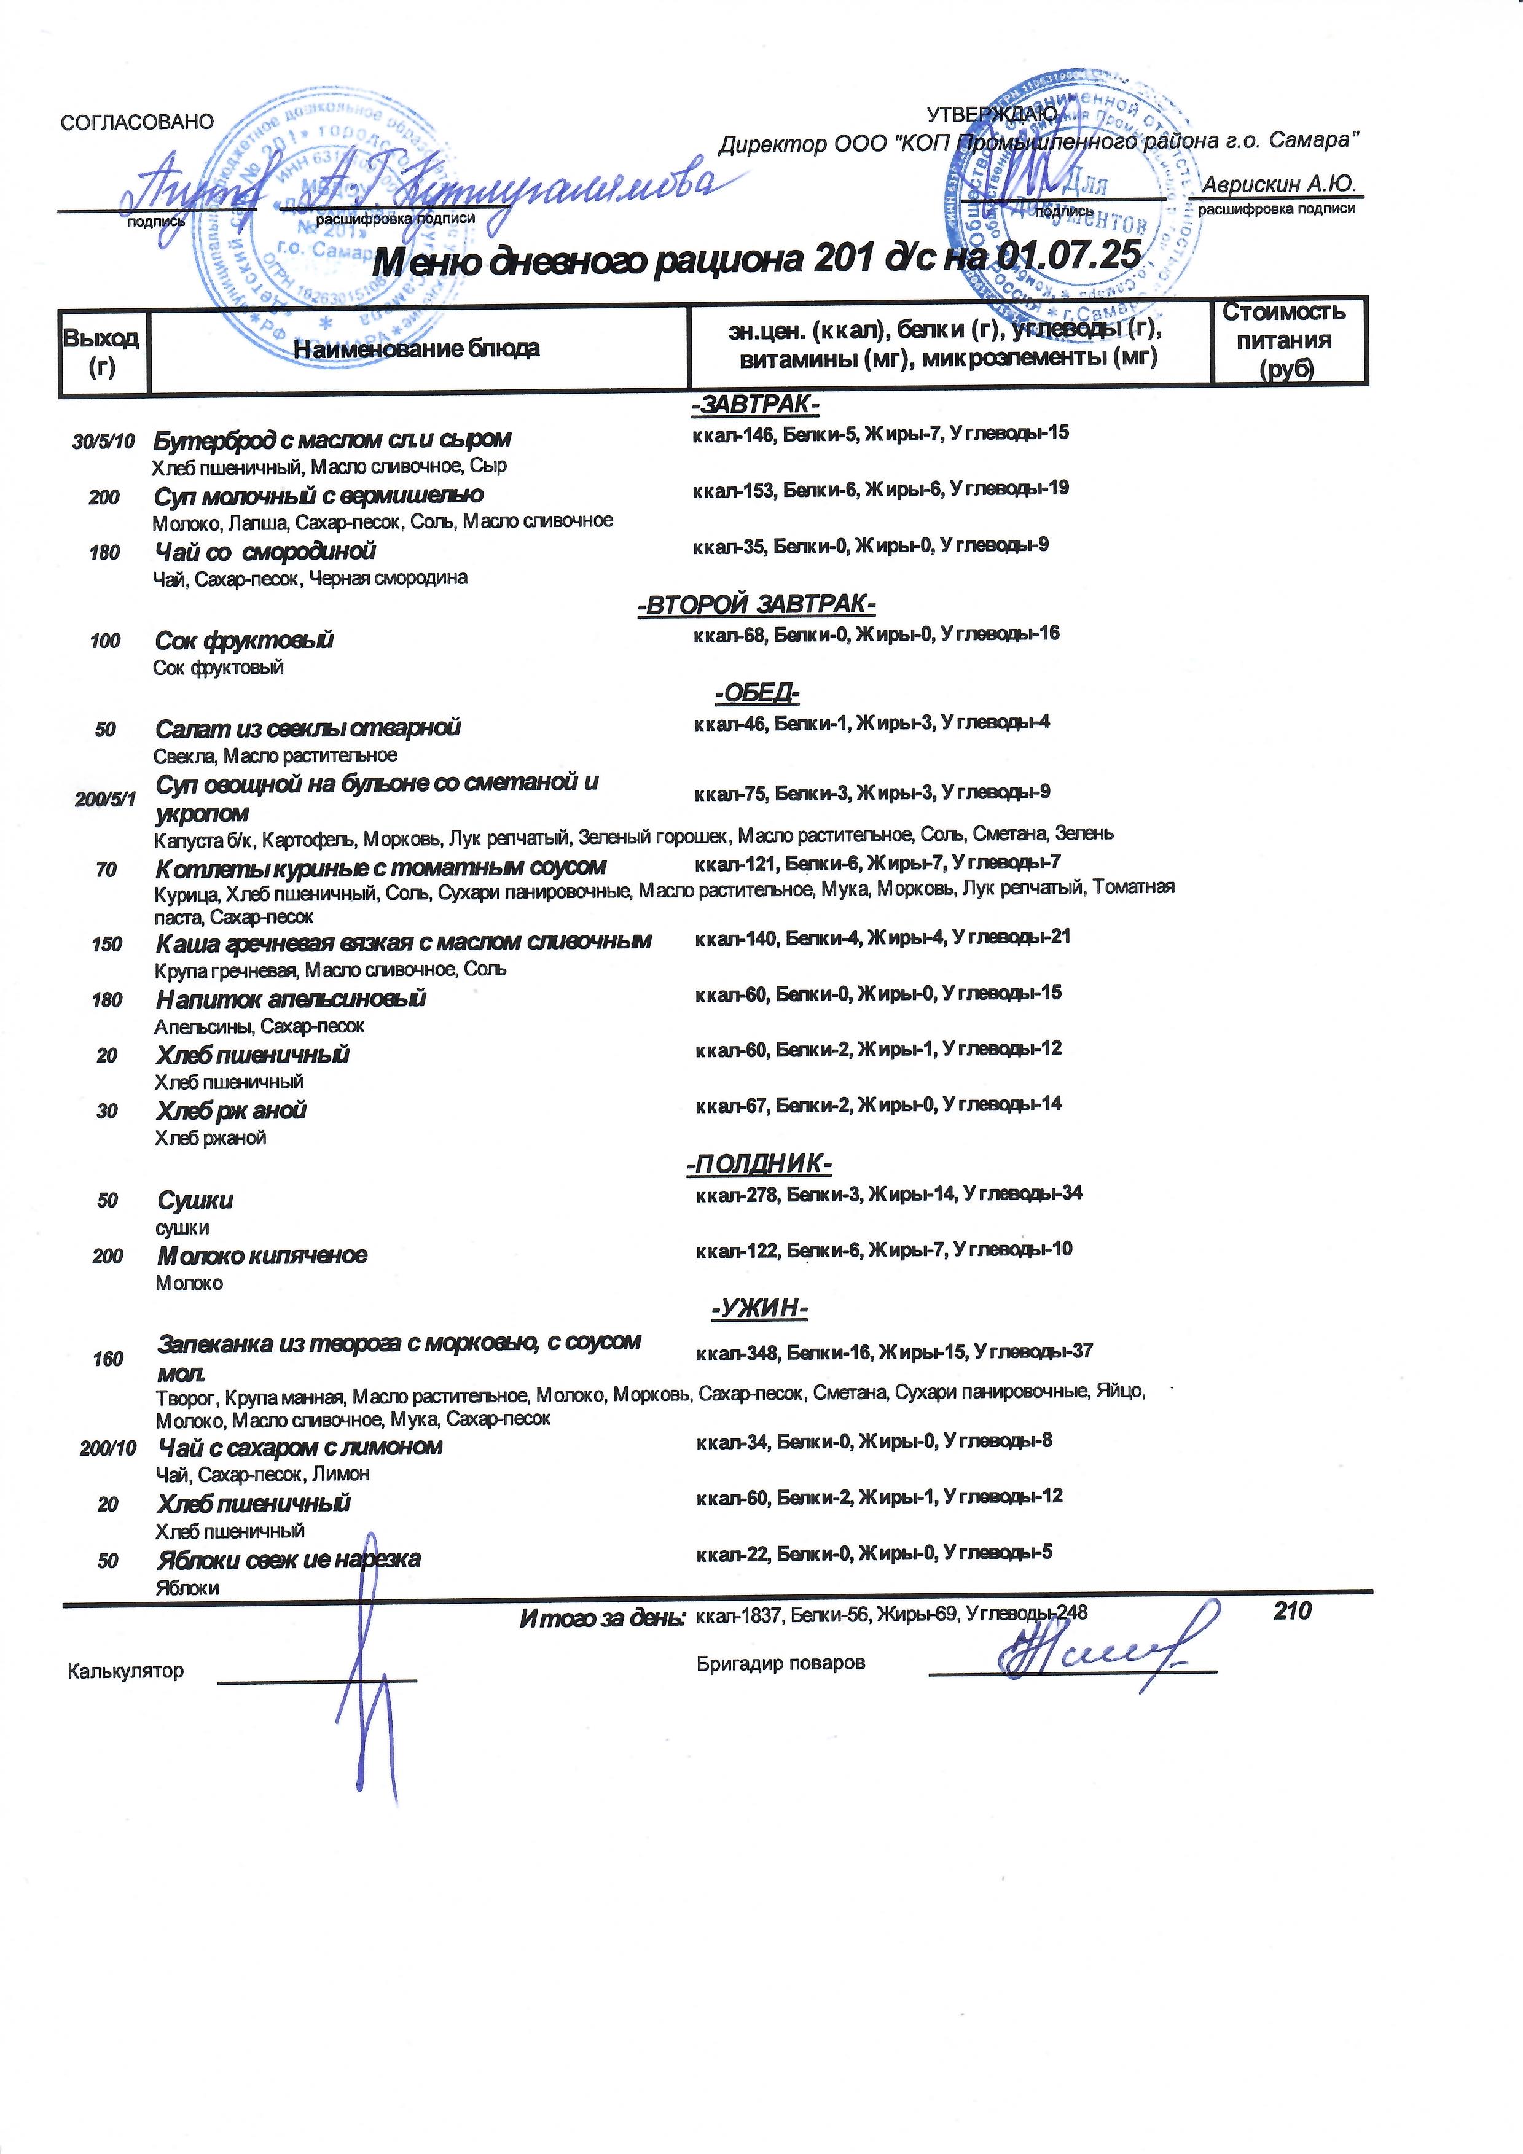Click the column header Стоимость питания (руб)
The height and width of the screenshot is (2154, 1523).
1284,340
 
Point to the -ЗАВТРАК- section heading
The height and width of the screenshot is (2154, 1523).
756,405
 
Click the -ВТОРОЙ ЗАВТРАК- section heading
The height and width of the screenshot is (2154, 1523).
756,604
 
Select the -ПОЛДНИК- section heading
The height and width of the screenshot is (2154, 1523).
758,1165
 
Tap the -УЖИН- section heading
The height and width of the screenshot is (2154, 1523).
759,1308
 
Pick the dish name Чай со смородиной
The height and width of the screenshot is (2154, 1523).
265,552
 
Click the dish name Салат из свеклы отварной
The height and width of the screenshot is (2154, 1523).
308,728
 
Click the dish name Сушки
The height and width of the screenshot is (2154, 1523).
195,1200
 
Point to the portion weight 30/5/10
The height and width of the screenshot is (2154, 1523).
103,441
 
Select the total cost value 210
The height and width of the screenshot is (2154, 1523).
1291,1612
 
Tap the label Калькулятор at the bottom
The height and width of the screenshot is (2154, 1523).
126,1671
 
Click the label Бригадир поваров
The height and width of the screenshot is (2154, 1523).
781,1663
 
